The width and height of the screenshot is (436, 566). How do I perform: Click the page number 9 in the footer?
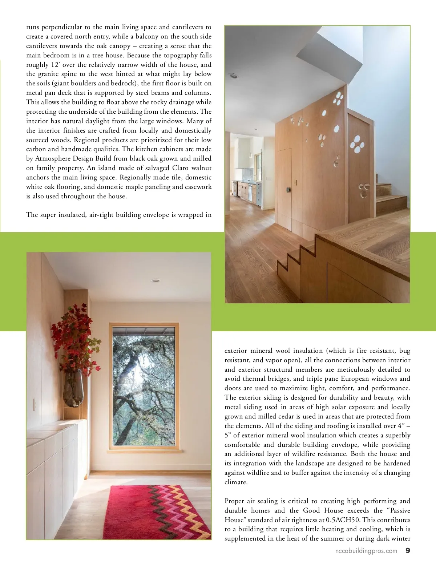click(x=408, y=550)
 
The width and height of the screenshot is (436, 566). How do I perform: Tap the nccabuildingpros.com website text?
click(x=366, y=551)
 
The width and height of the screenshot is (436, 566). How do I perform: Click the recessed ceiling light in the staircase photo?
click(x=233, y=76)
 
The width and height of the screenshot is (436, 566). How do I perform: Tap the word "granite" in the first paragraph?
click(x=48, y=74)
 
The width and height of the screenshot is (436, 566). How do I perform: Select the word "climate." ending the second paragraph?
click(x=236, y=482)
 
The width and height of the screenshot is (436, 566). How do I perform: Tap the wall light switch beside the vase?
click(x=35, y=404)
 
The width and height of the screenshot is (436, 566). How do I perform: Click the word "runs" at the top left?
click(x=32, y=27)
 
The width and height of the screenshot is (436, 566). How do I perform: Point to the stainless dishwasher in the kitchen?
click(x=250, y=192)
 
